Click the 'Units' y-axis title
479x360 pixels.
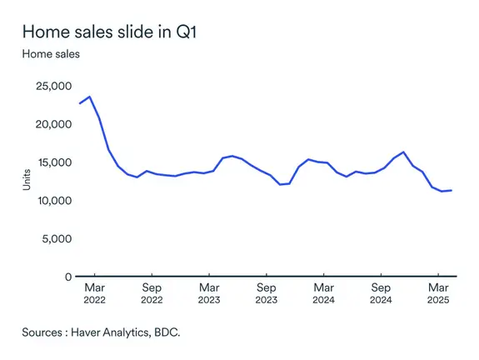[27, 181]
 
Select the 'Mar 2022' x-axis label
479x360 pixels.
[94, 292]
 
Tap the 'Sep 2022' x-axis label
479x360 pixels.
[152, 292]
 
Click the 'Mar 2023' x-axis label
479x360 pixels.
[209, 292]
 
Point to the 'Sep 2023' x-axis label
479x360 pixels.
[267, 292]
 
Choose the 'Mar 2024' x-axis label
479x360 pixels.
[323, 292]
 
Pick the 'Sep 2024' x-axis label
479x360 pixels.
[381, 292]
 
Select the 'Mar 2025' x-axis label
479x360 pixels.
[438, 292]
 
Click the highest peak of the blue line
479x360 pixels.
[90, 97]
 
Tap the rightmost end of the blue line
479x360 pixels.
[451, 190]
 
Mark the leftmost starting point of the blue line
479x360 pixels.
[80, 103]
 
